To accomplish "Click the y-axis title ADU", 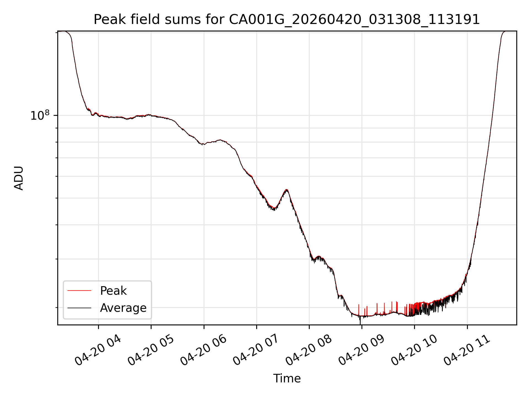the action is coord(19,178).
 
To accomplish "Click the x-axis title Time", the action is coord(287,379).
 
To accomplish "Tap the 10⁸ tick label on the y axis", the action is coord(40,116).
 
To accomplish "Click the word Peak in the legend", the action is coord(113,291).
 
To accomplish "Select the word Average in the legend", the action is coord(123,308).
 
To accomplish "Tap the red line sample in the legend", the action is coord(79,291).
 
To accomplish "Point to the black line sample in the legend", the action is coord(79,308).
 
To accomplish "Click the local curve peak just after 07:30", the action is coord(287,190).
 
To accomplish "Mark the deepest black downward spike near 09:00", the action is coord(360,323).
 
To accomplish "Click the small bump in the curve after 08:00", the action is coord(319,257).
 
